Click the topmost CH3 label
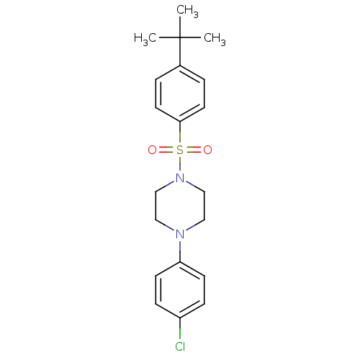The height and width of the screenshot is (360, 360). [187, 12]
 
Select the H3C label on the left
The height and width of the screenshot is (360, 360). [145, 39]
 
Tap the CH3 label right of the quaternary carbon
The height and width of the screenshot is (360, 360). [215, 39]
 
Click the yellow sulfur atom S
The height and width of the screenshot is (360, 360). [180, 150]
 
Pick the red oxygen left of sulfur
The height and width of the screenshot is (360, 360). [152, 150]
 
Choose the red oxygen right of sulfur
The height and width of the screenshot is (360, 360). [208, 150]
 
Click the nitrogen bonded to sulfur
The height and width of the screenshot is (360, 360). [180, 178]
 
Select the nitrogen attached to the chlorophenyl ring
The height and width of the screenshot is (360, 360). [180, 234]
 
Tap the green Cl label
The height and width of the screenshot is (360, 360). [180, 346]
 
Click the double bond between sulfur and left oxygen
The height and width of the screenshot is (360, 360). [167, 150]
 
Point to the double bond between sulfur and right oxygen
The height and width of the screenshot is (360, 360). [193, 150]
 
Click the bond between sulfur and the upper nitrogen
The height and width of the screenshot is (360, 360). [180, 164]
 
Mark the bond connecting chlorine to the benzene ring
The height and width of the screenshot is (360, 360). [180, 329]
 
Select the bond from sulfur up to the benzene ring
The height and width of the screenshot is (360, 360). [180, 132]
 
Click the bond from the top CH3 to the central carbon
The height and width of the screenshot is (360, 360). [180, 27]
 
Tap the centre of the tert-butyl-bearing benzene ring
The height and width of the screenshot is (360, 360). [180, 94]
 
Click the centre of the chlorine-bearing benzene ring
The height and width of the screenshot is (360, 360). [180, 290]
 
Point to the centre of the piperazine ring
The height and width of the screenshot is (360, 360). [180, 206]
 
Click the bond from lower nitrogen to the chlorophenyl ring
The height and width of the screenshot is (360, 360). [180, 251]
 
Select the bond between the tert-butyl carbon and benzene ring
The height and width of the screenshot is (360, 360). [180, 51]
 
